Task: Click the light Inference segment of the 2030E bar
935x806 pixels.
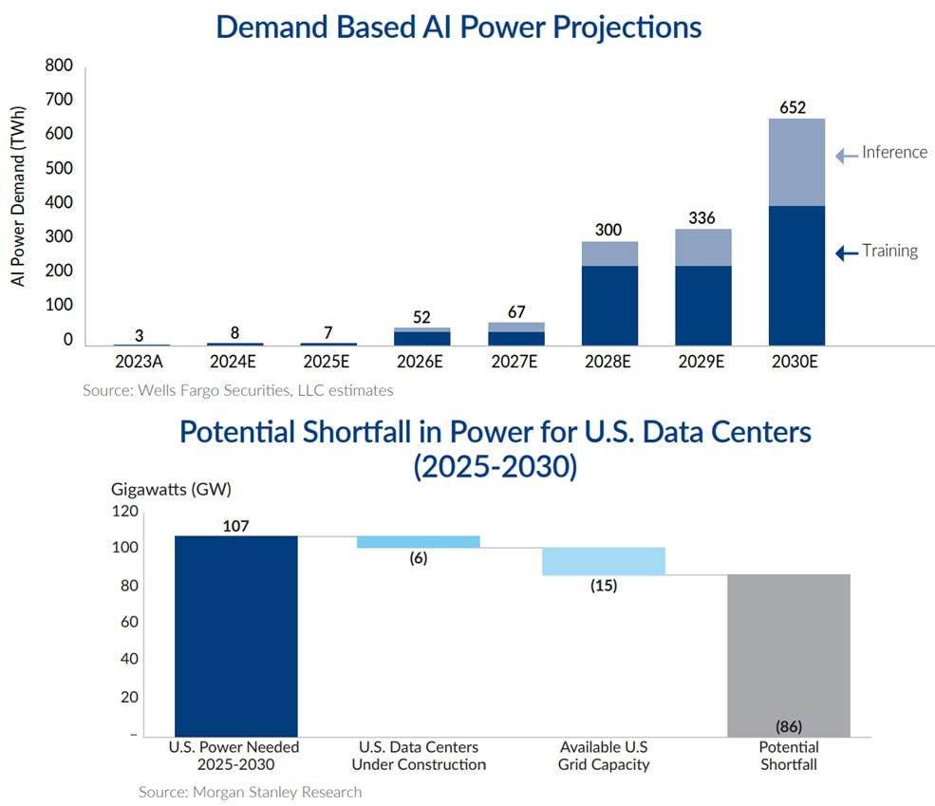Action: point(796,161)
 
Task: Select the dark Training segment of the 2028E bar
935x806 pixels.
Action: point(609,305)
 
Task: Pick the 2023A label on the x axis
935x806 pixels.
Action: point(141,362)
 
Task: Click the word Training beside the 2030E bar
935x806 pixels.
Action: point(889,251)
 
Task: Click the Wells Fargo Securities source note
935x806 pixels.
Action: point(237,389)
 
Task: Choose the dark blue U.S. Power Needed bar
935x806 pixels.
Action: point(236,635)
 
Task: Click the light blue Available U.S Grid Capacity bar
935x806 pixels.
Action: point(604,561)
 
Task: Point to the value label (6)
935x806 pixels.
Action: point(418,558)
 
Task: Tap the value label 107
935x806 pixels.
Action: point(236,526)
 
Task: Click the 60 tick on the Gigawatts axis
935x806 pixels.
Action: point(128,623)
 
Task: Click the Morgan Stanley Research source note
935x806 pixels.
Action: point(250,791)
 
